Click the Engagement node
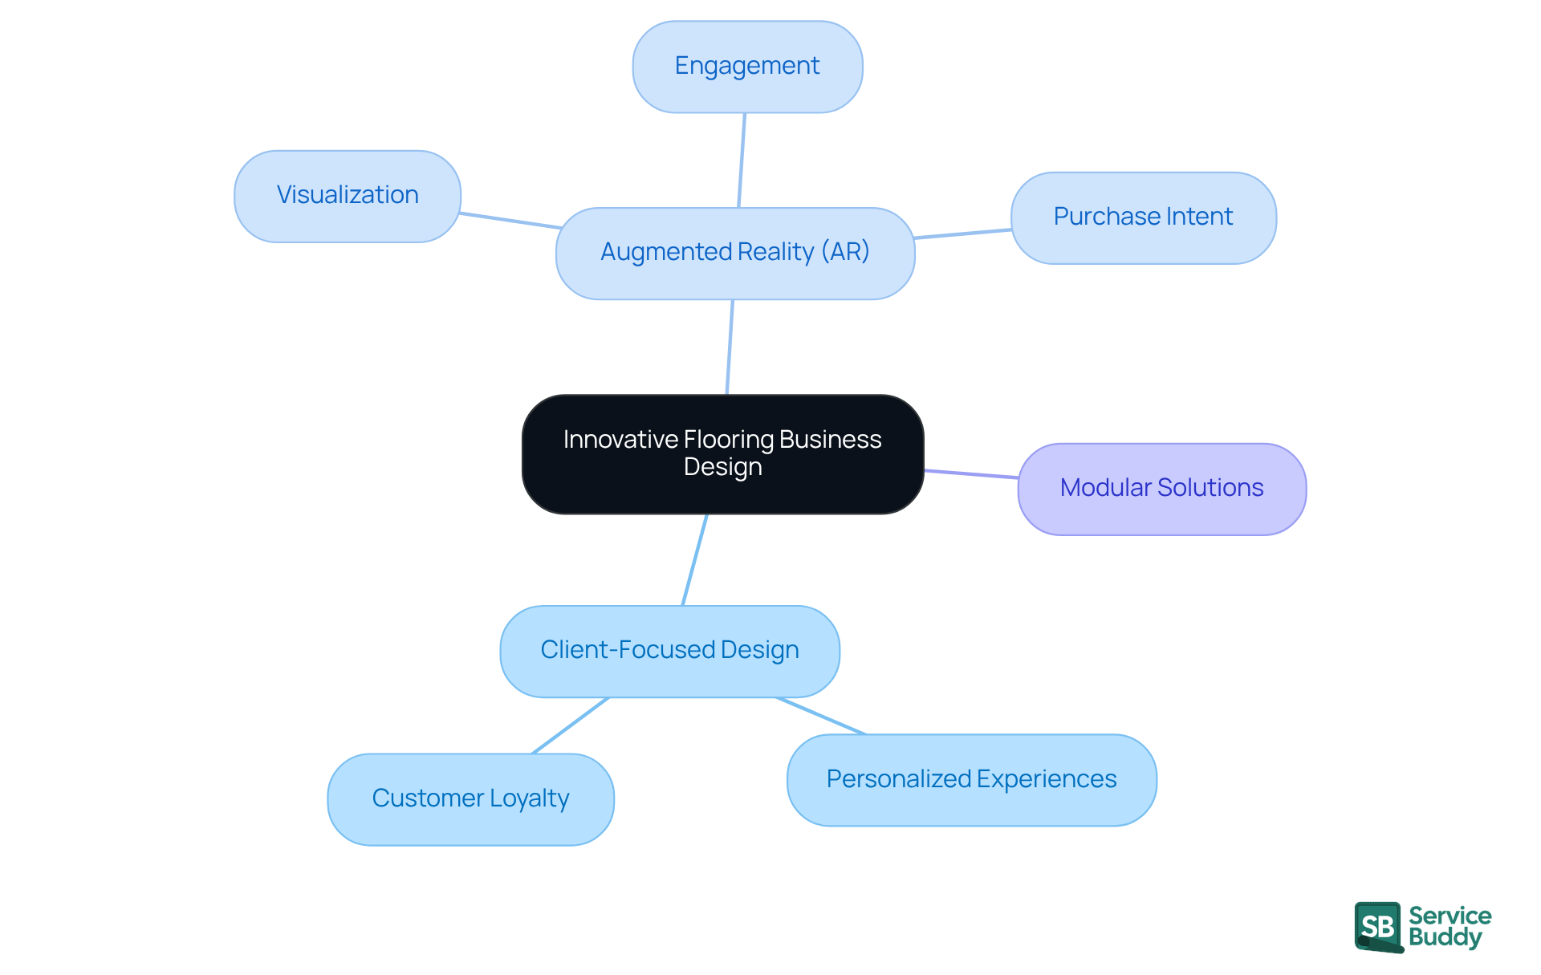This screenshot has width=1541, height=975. click(747, 67)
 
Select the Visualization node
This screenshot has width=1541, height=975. click(348, 196)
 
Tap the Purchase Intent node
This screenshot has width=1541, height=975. click(1143, 217)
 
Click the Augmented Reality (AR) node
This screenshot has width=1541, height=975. click(735, 254)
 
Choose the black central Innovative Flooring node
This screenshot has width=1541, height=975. click(722, 454)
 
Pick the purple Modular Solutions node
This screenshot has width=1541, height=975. click(1161, 489)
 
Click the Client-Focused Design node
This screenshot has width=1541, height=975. click(669, 651)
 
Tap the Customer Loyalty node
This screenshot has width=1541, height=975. click(470, 799)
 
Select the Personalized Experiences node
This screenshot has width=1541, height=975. click(971, 780)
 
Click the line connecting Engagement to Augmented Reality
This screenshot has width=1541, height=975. click(742, 160)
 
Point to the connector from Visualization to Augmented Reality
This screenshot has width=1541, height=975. click(510, 221)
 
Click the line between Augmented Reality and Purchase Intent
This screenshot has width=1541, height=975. click(962, 234)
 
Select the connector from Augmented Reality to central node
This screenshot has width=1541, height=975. click(730, 347)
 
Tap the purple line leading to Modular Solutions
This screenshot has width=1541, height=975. click(971, 474)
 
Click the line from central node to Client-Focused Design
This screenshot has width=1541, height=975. click(694, 560)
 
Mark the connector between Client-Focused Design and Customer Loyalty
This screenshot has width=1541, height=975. click(570, 726)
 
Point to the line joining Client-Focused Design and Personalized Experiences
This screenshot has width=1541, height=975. click(821, 716)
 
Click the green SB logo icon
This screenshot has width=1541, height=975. click(1378, 927)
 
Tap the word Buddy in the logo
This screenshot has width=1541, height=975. click(1445, 938)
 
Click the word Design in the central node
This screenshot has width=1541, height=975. click(722, 467)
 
